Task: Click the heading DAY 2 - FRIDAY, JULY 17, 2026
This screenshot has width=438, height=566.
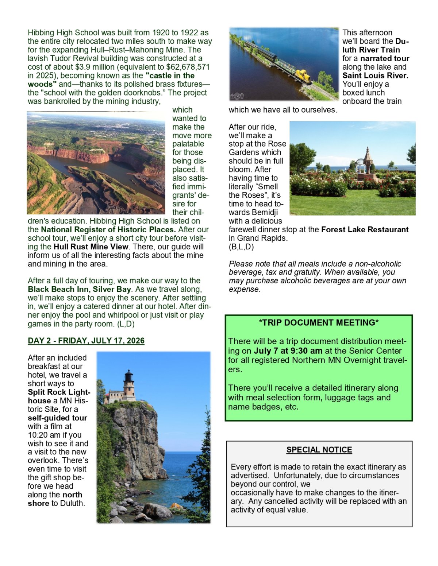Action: [x=86, y=341]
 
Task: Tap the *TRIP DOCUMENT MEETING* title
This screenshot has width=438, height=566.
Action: [x=319, y=323]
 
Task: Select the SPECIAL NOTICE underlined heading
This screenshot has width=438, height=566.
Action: [x=319, y=450]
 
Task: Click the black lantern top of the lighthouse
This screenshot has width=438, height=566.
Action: [x=128, y=376]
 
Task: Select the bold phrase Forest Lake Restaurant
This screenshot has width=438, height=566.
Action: [x=365, y=229]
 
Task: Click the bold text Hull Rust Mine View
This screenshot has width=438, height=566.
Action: [x=91, y=247]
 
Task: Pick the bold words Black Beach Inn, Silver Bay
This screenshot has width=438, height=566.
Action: [x=79, y=289]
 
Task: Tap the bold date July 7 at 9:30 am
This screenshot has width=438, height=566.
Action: [x=288, y=351]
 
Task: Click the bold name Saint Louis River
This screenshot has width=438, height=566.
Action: [x=375, y=75]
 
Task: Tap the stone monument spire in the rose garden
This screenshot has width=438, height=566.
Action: [x=368, y=160]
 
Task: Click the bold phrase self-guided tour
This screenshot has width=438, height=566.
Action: [x=57, y=418]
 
